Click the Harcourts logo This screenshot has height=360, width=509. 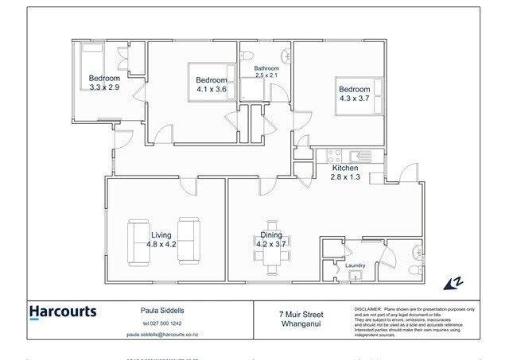coord(63,312)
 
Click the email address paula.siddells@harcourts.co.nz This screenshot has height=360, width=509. coord(162,335)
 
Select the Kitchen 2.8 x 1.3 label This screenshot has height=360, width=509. coord(345,173)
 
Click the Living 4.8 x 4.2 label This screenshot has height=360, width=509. coord(162,239)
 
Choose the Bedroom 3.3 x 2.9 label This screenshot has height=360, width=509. coord(104,83)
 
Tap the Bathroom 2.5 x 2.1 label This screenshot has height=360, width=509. coord(266,73)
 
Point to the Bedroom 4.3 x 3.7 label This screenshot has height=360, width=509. coord(354,94)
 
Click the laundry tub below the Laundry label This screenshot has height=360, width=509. coord(355,277)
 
